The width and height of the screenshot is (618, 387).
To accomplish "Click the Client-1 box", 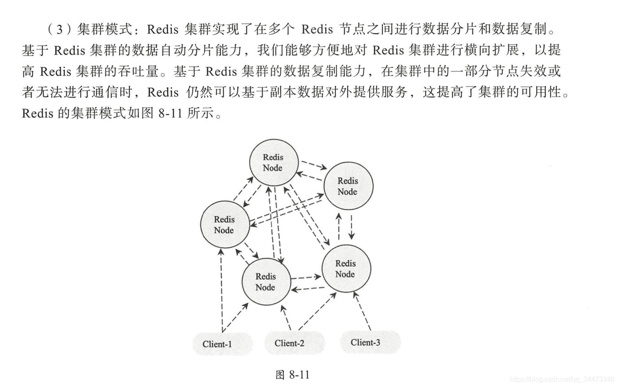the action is pyautogui.click(x=223, y=344).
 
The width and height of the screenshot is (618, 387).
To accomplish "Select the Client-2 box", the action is pyautogui.click(x=294, y=343).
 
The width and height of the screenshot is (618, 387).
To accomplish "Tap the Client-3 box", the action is pyautogui.click(x=370, y=342).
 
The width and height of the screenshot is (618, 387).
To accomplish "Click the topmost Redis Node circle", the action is pyautogui.click(x=274, y=162).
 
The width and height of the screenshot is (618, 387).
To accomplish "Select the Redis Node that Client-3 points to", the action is pyautogui.click(x=346, y=269).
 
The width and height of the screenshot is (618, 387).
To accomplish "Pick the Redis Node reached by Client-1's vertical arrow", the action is pyautogui.click(x=225, y=224).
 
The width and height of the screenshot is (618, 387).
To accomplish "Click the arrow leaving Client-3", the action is pyautogui.click(x=362, y=311).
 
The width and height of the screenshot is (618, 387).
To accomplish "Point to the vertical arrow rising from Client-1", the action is pyautogui.click(x=221, y=290).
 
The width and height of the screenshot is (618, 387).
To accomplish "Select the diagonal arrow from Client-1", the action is pyautogui.click(x=235, y=317).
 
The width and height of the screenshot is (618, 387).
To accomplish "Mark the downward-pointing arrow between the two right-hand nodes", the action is pyautogui.click(x=351, y=227).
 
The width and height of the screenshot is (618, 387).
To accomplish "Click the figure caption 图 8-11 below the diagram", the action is pyautogui.click(x=293, y=375).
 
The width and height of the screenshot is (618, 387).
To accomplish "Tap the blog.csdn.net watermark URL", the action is pyautogui.click(x=562, y=379).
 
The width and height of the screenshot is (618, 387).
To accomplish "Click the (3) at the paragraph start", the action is pyautogui.click(x=59, y=29).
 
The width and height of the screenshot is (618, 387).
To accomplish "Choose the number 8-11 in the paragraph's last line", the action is pyautogui.click(x=170, y=113).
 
